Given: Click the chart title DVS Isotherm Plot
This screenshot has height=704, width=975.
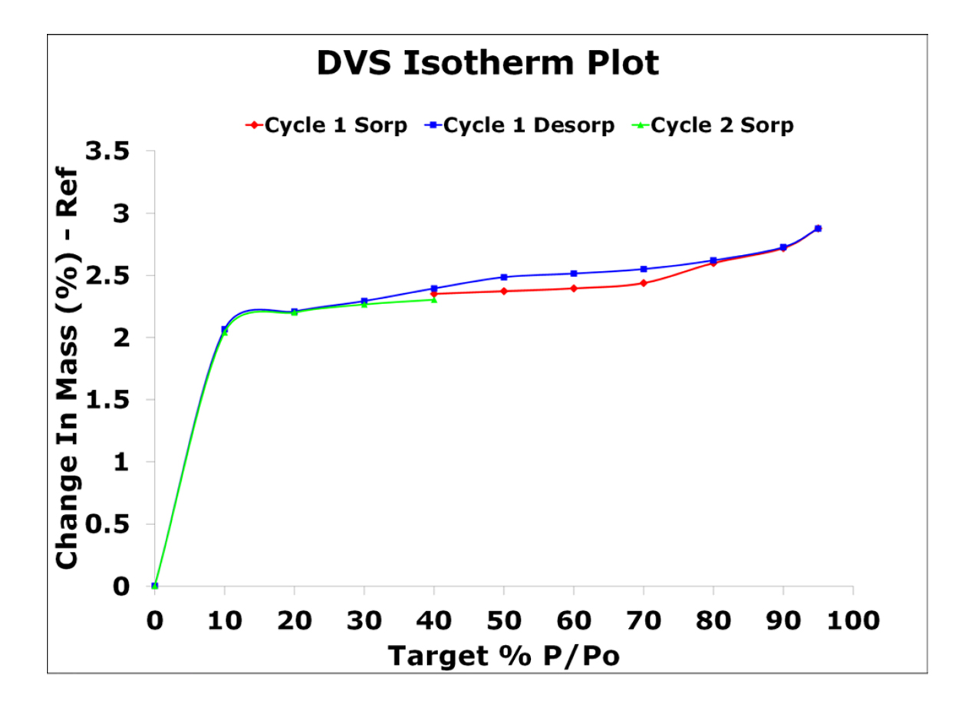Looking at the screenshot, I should click(488, 64).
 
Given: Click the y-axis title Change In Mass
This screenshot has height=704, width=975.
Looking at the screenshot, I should click(68, 369).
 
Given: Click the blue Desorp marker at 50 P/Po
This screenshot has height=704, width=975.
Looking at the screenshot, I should click(504, 277).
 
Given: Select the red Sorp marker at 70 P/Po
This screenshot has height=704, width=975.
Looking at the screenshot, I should click(644, 283).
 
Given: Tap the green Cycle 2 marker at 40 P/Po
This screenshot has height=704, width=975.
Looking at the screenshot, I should click(434, 299).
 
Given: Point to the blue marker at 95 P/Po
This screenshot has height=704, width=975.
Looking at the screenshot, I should click(818, 228).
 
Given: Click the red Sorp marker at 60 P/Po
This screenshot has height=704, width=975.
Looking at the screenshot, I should click(574, 289).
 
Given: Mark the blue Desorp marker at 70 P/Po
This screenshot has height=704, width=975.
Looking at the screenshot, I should click(644, 269).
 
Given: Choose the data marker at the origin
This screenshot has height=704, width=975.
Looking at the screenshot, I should click(155, 586).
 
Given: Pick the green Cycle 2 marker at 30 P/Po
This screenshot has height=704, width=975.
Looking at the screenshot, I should click(364, 304).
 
